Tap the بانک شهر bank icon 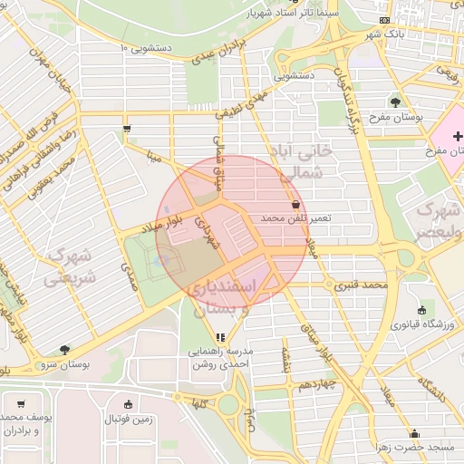click(x=385, y=20)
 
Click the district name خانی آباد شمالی click(x=305, y=161)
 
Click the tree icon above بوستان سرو click(x=63, y=349)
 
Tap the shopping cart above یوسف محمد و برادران click(x=21, y=403)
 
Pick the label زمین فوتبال click(x=128, y=419)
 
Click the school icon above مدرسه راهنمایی click(x=219, y=337)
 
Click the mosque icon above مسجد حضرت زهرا click(x=415, y=433)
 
